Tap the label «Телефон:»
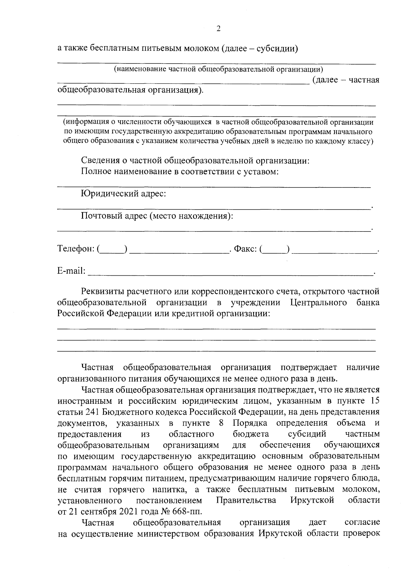click(76, 249)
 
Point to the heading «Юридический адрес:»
click(124, 194)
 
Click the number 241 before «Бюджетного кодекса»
click(91, 412)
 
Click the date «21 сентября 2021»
click(107, 511)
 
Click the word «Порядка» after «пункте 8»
click(250, 423)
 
